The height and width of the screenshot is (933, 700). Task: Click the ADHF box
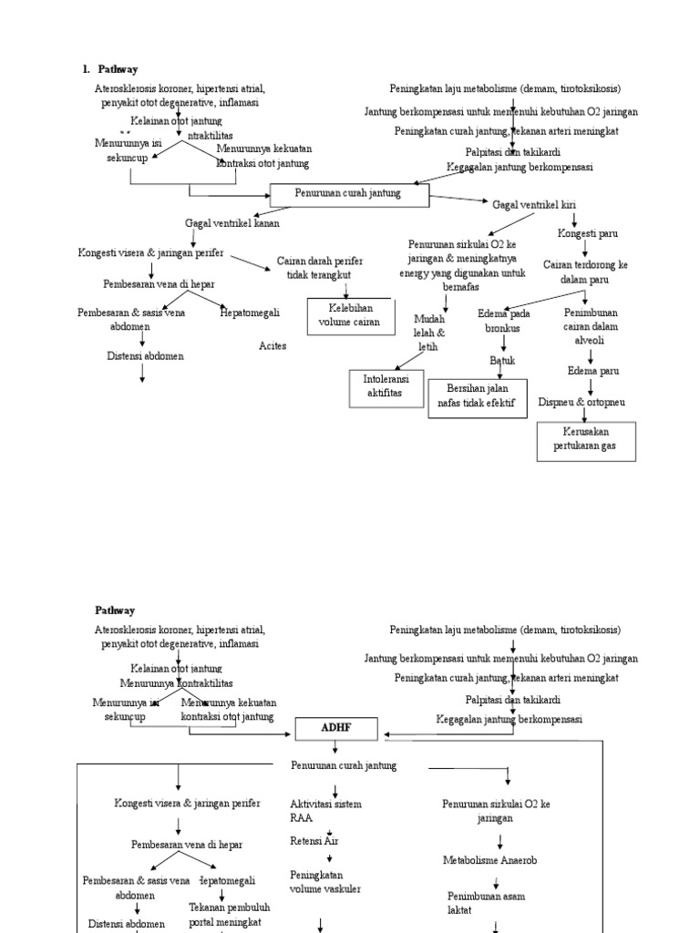[335, 729]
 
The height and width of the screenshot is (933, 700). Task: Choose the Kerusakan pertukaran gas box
[585, 441]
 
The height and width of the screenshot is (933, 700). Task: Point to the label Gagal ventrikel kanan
[232, 222]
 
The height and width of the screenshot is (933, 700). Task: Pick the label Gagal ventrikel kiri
[534, 205]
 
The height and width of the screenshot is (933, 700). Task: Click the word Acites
[273, 346]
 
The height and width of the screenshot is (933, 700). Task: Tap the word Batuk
[502, 360]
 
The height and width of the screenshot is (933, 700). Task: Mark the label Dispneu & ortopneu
[582, 401]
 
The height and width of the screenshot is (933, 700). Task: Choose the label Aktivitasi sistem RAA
[325, 811]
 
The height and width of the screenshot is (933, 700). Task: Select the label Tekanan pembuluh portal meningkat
[225, 916]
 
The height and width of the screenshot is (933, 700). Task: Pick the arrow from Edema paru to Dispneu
[591, 386]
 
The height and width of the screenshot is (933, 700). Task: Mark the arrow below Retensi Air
[329, 857]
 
